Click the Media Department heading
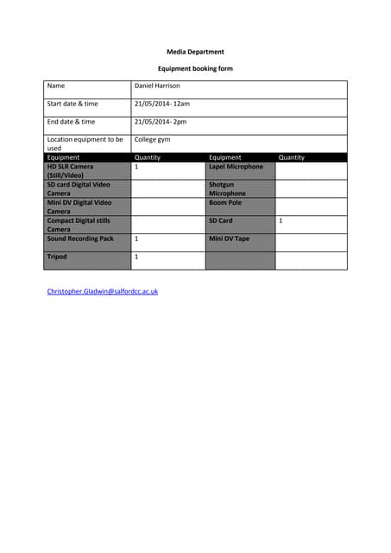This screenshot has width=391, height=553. (x=195, y=52)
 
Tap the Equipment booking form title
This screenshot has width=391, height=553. (x=195, y=68)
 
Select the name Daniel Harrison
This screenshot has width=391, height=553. (x=157, y=86)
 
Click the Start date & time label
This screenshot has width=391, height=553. (x=73, y=104)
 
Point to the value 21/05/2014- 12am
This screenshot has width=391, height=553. (x=162, y=104)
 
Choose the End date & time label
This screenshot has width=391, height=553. (x=71, y=122)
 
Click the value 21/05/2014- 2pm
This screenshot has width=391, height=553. (x=161, y=122)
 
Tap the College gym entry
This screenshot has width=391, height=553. (x=153, y=139)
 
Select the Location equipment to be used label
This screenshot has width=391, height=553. (x=85, y=143)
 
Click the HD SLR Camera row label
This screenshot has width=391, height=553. (x=71, y=171)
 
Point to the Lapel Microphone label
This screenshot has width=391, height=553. (x=236, y=167)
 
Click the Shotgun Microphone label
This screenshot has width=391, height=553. (x=227, y=189)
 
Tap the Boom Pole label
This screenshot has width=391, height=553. (x=225, y=203)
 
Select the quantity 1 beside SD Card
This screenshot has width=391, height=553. (x=281, y=221)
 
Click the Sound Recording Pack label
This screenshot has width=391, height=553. (x=80, y=238)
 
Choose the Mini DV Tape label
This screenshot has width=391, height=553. (x=229, y=238)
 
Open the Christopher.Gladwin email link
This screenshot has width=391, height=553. (x=103, y=292)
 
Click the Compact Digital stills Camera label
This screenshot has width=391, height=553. (x=79, y=226)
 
